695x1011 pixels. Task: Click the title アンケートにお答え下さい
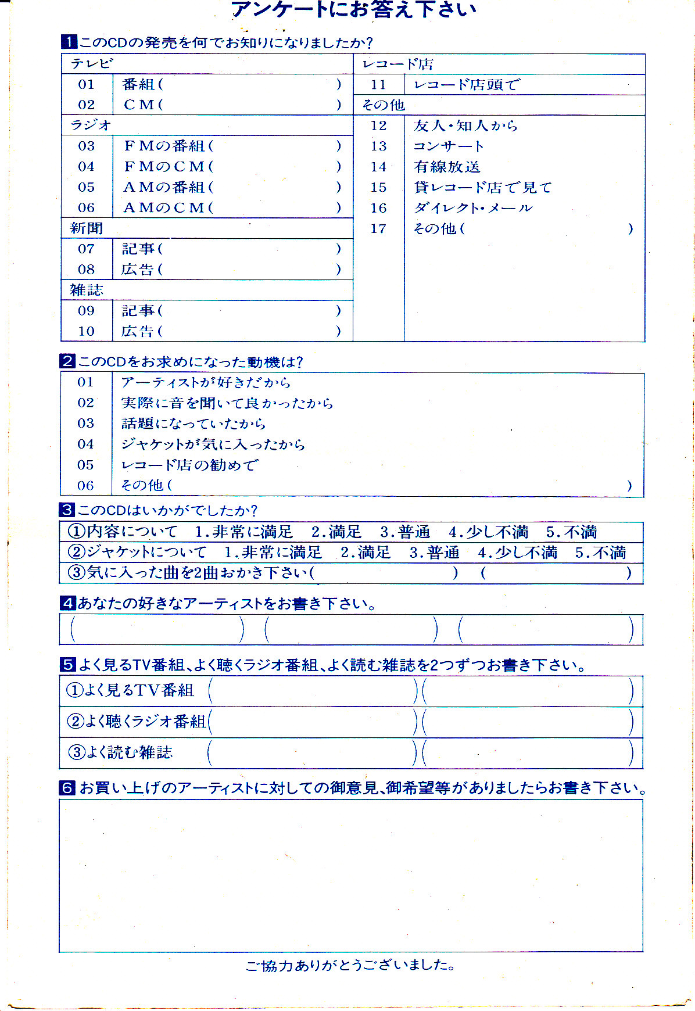353,10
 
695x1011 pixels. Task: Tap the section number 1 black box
69,42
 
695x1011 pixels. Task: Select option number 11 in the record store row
378,85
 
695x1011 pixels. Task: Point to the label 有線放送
447,167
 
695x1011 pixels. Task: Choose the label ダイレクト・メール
472,208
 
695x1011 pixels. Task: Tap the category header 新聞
86,228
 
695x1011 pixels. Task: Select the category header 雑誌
86,290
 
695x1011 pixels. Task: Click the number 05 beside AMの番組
86,187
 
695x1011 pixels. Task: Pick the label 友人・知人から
465,126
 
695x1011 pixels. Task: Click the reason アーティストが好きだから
206,382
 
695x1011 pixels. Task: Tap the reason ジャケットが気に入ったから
213,444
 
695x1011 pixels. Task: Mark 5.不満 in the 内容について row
571,532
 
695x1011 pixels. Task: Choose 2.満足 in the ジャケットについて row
366,553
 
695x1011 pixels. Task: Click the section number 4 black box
67,603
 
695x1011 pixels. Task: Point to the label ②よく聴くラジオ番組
137,722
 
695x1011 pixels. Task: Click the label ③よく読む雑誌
121,752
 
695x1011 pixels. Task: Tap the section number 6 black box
67,788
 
